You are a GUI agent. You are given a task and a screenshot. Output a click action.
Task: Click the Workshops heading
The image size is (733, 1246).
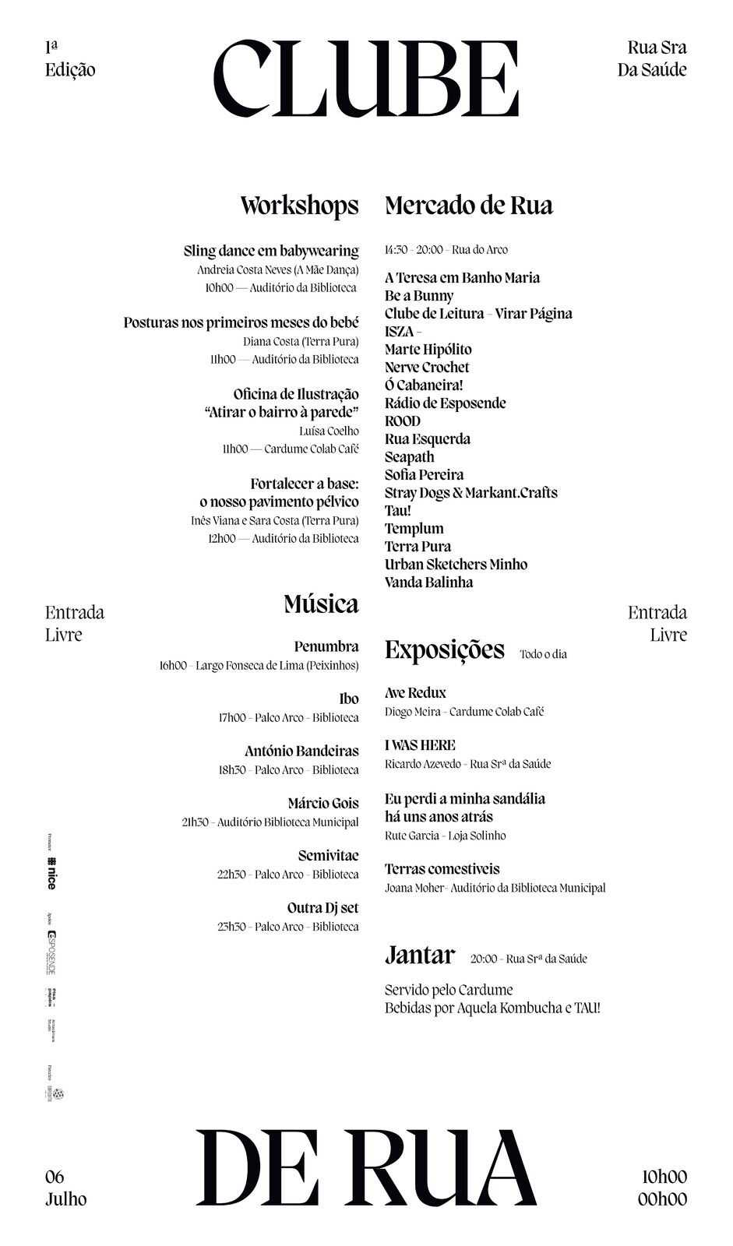(299, 206)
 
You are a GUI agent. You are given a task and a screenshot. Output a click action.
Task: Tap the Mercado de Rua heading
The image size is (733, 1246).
(468, 206)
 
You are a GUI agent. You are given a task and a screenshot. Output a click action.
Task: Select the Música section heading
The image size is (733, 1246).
(321, 604)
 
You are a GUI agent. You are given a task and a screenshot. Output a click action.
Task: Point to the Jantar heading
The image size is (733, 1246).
(419, 955)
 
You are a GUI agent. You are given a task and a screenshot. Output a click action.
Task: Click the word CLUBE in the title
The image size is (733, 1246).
(365, 79)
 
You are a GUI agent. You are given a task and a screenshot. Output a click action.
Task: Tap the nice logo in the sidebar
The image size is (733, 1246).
(51, 873)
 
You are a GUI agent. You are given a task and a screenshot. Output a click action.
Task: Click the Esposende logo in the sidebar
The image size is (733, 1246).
(51, 952)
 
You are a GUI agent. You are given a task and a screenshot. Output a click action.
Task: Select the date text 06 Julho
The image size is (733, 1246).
(65, 1188)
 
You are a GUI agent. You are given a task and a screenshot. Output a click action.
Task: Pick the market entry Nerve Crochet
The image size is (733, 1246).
(427, 368)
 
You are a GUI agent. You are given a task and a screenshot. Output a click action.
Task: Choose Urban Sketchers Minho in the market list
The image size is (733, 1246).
(456, 565)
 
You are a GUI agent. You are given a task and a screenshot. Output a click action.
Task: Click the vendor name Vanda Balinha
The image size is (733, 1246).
(428, 583)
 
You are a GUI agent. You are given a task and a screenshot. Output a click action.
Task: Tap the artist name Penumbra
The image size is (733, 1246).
(326, 646)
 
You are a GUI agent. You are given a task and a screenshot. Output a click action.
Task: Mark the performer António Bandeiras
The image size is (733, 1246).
(301, 751)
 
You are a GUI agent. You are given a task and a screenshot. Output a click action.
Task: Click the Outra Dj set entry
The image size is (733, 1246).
(322, 908)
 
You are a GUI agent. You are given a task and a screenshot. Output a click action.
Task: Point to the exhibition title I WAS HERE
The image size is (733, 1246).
(420, 745)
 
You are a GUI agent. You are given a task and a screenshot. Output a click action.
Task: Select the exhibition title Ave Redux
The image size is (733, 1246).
(415, 693)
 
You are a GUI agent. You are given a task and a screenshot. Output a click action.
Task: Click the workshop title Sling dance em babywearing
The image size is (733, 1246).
(271, 251)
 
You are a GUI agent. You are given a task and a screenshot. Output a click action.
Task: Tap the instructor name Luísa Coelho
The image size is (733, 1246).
(329, 431)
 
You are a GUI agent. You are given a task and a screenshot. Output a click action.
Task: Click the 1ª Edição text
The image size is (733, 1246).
(69, 59)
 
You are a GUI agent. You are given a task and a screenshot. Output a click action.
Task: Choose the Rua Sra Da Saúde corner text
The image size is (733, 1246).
(652, 59)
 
